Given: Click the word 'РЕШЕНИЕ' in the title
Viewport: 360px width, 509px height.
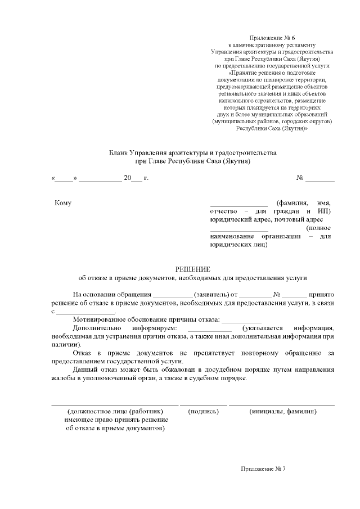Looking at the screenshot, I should pyautogui.click(x=193, y=269).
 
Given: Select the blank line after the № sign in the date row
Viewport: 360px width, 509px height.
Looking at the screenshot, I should pyautogui.click(x=320, y=179).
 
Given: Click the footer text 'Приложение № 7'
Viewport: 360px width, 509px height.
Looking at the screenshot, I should pyautogui.click(x=263, y=469).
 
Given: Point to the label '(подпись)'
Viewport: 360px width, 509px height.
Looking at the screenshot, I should pyautogui.click(x=203, y=411).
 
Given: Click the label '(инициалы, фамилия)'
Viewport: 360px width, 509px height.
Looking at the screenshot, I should pyautogui.click(x=282, y=411).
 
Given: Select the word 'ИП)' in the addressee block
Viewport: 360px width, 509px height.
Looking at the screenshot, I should pyautogui.click(x=324, y=211).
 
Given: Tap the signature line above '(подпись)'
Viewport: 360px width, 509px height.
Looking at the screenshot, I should pyautogui.click(x=203, y=404).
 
